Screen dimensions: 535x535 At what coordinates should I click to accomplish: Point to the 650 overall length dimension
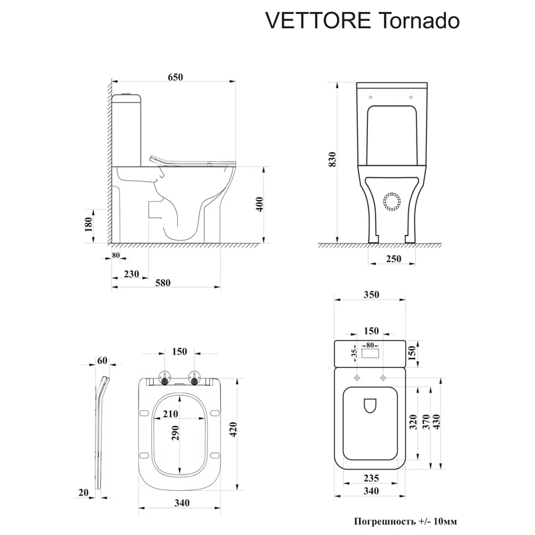point(175,78)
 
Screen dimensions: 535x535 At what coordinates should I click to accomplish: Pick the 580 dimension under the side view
point(164,283)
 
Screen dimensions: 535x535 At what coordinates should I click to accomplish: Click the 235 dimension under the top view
point(370,477)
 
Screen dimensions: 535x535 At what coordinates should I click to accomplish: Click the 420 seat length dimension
point(234,429)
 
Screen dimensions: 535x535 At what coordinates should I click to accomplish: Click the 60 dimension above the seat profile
point(102,360)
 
